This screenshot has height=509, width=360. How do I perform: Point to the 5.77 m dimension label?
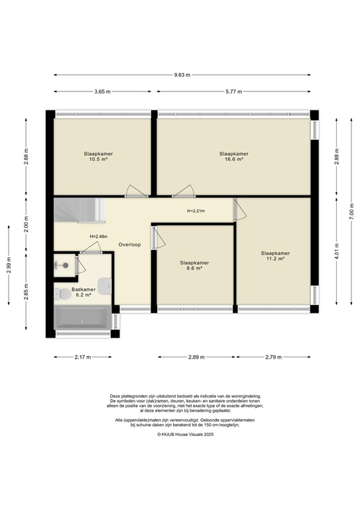click(233, 91)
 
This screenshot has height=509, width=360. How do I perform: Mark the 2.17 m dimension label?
click(82, 357)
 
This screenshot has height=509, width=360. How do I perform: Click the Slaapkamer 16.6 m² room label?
click(234, 156)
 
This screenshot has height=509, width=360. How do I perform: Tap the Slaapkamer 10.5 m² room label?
click(98, 156)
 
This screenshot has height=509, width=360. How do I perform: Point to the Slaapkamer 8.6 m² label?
click(194, 266)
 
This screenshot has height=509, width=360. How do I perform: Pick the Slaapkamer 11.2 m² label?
click(275, 256)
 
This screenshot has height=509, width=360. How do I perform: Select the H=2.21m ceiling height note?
click(196, 211)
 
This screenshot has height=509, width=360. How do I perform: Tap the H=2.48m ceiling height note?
click(99, 237)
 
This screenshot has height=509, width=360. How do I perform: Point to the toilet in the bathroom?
click(62, 292)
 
